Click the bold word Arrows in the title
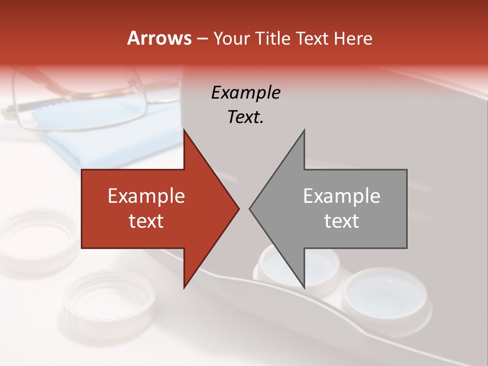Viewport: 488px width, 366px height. tap(159, 39)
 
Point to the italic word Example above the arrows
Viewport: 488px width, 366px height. tap(246, 93)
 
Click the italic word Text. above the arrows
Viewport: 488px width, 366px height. tap(246, 117)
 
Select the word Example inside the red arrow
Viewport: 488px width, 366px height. tap(146, 196)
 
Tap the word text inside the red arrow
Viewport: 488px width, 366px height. tap(146, 221)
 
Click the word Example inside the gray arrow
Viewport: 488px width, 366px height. tap(342, 196)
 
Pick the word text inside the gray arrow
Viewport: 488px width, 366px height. tap(342, 221)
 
